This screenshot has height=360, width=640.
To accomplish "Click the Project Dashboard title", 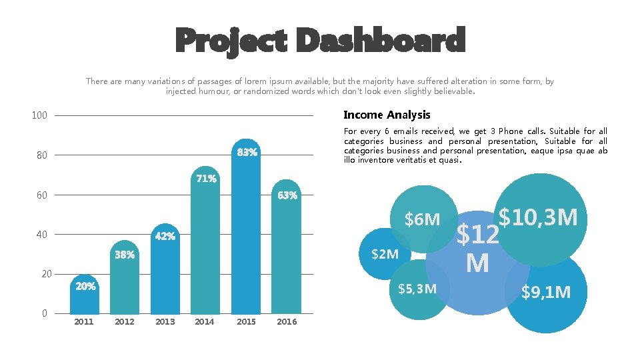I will pyautogui.click(x=320, y=41).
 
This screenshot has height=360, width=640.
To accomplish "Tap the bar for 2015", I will pyautogui.click(x=247, y=233).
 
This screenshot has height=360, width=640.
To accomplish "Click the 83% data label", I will pyautogui.click(x=247, y=153).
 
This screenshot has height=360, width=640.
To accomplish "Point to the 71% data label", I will pyautogui.click(x=206, y=179).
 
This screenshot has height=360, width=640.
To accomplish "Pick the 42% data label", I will pyautogui.click(x=165, y=236).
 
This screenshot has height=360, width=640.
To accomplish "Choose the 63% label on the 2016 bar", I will pyautogui.click(x=287, y=195).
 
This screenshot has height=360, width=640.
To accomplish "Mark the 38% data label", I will pyautogui.click(x=125, y=255).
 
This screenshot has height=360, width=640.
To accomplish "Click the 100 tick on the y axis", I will pyautogui.click(x=39, y=116).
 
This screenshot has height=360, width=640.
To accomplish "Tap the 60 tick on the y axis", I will pyautogui.click(x=42, y=195).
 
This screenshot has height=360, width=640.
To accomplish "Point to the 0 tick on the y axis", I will pyautogui.click(x=44, y=313).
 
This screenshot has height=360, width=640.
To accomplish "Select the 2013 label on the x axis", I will pyautogui.click(x=165, y=322).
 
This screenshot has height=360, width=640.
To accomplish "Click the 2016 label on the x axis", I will pyautogui.click(x=287, y=322).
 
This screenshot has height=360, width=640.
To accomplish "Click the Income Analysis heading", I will pyautogui.click(x=387, y=115).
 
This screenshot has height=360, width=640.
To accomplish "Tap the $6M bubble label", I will pyautogui.click(x=422, y=219).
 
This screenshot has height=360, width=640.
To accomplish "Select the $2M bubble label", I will pyautogui.click(x=385, y=254).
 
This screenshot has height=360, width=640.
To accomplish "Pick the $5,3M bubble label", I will pyautogui.click(x=417, y=289).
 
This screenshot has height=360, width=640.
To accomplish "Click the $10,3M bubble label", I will pyautogui.click(x=538, y=217).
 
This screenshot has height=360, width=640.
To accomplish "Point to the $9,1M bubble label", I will pyautogui.click(x=546, y=292).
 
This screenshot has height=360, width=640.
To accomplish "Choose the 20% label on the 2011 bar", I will pyautogui.click(x=85, y=287).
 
